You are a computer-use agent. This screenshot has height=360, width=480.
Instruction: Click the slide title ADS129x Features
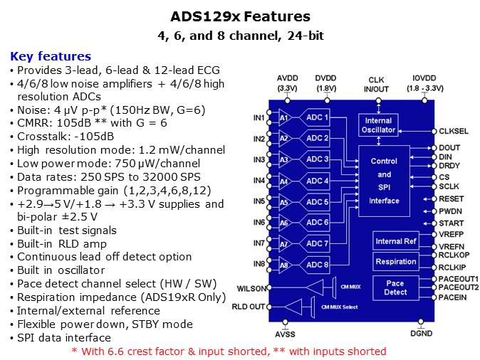point(240,16)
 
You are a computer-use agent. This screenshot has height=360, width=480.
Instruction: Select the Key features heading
point(51,56)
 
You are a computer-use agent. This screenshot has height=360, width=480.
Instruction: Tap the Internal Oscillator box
point(378,125)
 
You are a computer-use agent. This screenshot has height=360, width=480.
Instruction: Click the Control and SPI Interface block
point(384,181)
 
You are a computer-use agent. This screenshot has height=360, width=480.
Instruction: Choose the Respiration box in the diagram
point(395,261)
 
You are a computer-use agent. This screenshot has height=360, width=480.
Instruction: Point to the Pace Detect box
point(395,287)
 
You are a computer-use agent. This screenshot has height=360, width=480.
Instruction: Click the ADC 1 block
point(317,117)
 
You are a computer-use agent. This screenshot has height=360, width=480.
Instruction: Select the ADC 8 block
point(317,265)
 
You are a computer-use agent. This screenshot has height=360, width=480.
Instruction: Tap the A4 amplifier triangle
point(284,181)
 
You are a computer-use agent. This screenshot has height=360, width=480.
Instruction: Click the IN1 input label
point(259,117)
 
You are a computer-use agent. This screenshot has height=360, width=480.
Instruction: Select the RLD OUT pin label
point(248,307)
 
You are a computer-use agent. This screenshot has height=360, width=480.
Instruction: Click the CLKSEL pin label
point(454,131)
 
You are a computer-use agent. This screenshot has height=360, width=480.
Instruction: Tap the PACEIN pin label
point(452,297)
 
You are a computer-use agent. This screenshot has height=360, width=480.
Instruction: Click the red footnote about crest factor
point(229,351)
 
